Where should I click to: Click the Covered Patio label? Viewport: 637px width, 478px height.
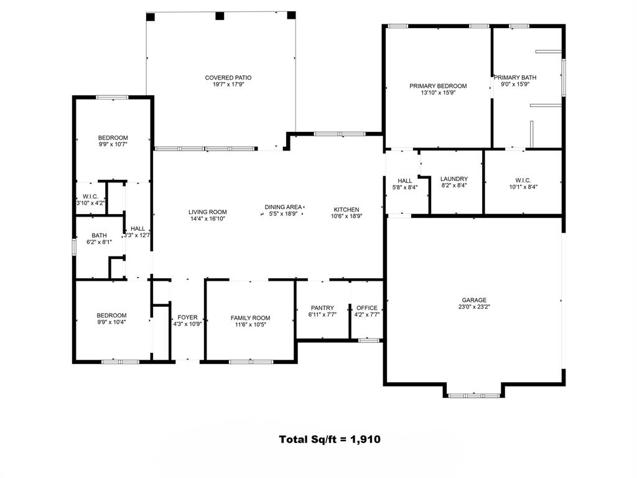tap(228, 78)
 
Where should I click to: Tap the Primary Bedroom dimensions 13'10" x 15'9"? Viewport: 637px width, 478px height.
tap(438, 93)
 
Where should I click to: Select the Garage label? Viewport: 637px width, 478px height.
tap(474, 300)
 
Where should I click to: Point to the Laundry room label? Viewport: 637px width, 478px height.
tap(454, 179)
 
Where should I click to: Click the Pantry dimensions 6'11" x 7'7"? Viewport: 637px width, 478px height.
tap(323, 314)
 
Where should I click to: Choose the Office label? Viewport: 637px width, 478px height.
tap(367, 308)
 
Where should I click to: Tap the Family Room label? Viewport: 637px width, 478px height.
tap(250, 318)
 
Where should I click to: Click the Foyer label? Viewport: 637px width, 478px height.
tap(188, 317)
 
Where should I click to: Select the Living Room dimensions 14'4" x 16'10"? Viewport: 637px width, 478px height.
tap(208, 218)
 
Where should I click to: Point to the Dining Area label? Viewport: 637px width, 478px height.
tap(283, 207)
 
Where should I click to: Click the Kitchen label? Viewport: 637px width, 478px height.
tap(346, 209)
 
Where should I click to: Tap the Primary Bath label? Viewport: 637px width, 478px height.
tap(515, 77)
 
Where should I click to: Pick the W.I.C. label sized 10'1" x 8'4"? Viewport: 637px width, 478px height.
tap(523, 180)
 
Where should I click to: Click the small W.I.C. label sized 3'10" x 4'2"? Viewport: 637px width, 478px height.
tap(90, 196)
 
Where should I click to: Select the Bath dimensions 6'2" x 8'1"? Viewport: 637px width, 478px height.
tap(99, 242)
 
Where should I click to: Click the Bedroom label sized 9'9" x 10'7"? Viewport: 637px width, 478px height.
tap(113, 138)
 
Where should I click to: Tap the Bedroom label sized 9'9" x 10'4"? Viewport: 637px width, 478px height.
tap(111, 316)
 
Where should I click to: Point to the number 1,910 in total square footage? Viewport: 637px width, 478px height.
tap(365, 439)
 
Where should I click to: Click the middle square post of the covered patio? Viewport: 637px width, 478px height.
tap(220, 16)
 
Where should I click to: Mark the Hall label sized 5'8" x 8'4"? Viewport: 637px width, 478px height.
tap(405, 181)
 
